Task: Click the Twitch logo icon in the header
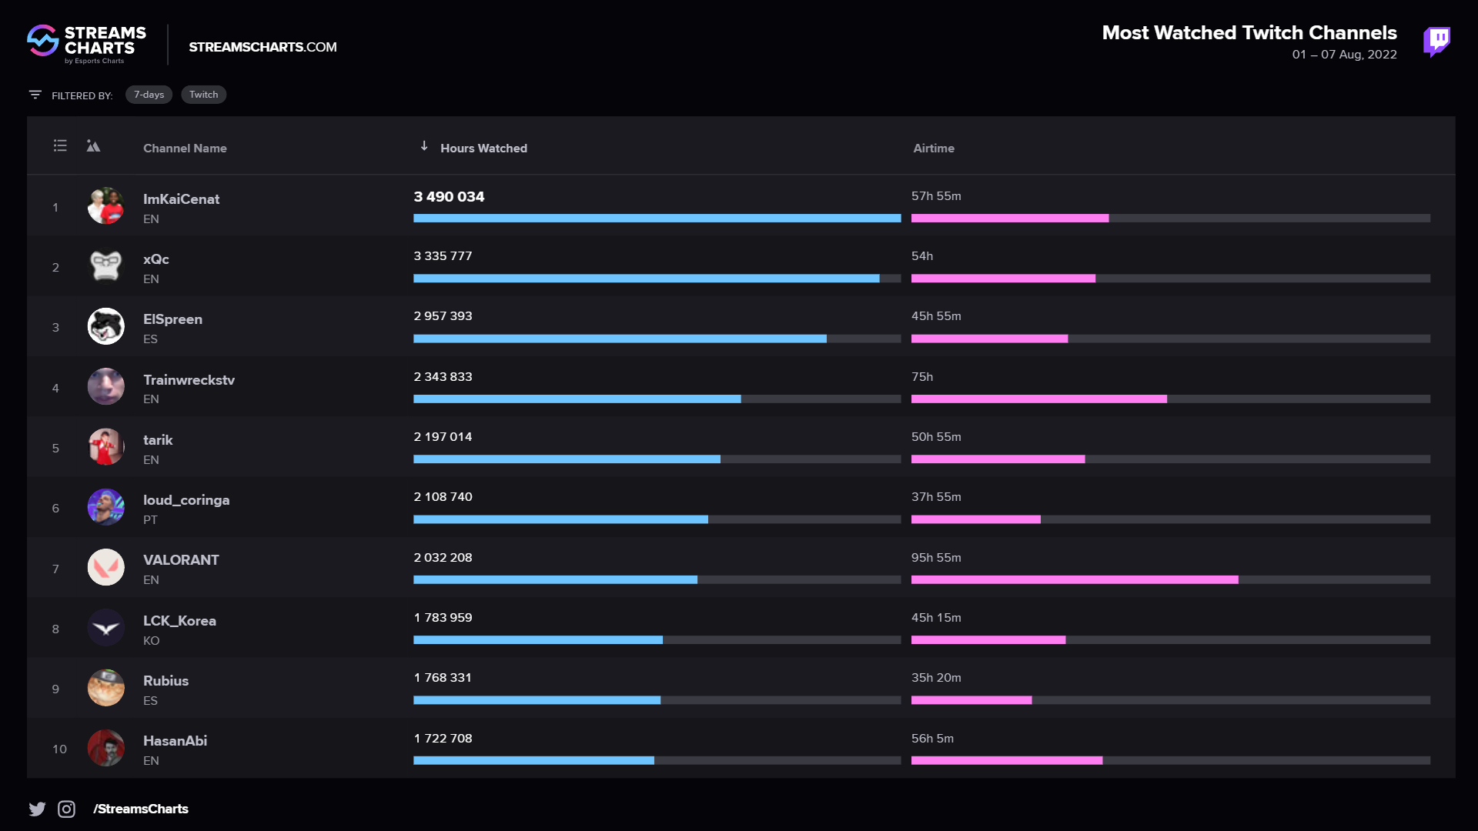(1436, 42)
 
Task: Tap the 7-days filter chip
(149, 95)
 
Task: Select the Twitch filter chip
(203, 95)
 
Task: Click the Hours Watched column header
(483, 148)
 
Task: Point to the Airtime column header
(933, 148)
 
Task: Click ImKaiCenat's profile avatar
(105, 206)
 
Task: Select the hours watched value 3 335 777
(443, 256)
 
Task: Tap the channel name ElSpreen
(172, 319)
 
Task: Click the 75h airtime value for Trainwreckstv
(921, 377)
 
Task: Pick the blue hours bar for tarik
(567, 459)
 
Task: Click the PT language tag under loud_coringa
(150, 520)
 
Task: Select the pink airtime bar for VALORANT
(1074, 579)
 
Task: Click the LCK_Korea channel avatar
(105, 628)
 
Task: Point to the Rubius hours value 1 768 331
(443, 678)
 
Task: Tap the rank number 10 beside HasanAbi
(59, 749)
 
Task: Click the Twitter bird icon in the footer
(37, 809)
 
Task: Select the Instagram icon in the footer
(67, 809)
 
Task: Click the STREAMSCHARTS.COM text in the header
(262, 47)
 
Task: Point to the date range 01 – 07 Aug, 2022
(1344, 55)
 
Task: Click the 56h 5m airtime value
(932, 739)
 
